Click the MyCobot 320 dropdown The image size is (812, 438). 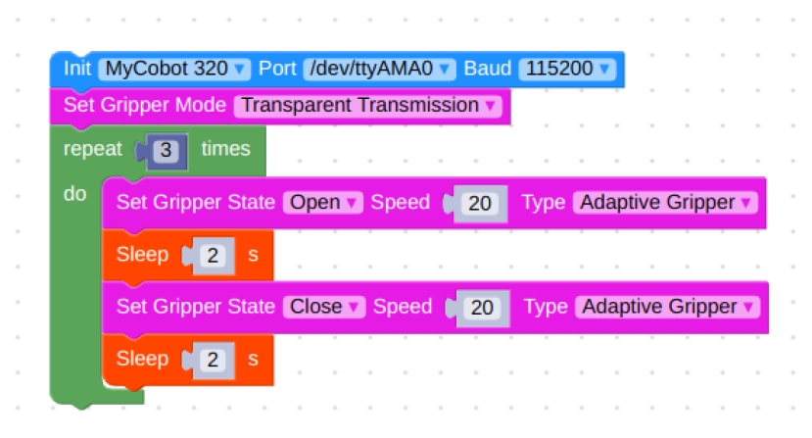(174, 69)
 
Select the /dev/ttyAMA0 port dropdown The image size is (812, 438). (380, 69)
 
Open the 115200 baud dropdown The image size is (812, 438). (567, 69)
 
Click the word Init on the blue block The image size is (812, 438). (77, 69)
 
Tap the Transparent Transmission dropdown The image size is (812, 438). (368, 105)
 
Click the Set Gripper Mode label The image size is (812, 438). (145, 105)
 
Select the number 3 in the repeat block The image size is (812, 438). (166, 150)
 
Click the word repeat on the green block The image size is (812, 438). (93, 149)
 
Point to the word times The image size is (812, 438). (226, 149)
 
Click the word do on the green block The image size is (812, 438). (74, 194)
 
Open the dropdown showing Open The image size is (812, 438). (323, 202)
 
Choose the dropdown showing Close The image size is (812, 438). (324, 307)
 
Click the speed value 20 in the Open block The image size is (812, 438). (480, 203)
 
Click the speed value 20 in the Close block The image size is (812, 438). (482, 308)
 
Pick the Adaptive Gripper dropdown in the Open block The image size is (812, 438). (665, 202)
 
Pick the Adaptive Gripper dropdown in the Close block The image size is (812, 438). (667, 307)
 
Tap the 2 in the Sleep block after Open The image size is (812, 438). (213, 256)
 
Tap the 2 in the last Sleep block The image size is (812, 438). (213, 360)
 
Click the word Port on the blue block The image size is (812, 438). (277, 69)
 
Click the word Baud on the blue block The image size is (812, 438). (488, 69)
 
